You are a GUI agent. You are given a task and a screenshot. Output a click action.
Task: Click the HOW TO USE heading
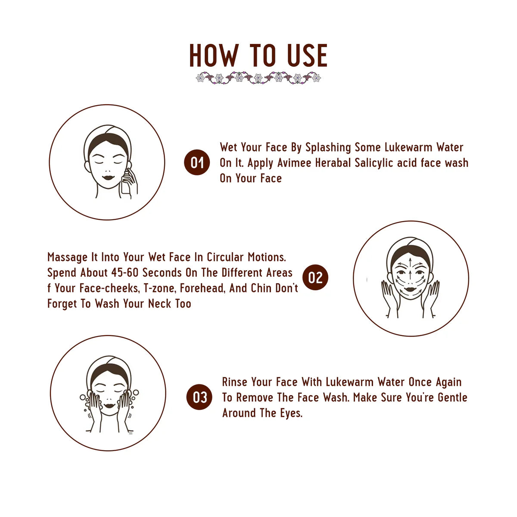(258, 56)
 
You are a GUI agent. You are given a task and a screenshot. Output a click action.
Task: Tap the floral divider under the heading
(258, 78)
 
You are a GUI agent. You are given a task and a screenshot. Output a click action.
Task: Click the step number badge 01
(197, 162)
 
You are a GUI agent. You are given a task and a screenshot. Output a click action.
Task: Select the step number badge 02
(315, 277)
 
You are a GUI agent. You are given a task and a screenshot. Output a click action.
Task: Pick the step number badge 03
(199, 397)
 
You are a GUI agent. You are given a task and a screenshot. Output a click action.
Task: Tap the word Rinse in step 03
(235, 382)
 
